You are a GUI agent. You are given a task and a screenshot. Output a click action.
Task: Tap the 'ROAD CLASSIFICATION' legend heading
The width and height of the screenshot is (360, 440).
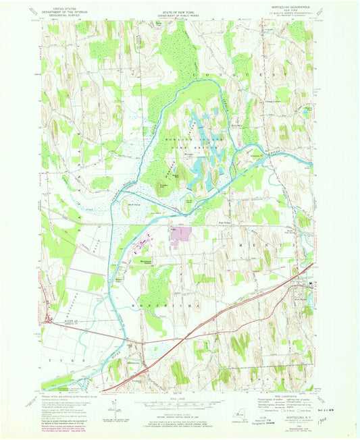[290, 395]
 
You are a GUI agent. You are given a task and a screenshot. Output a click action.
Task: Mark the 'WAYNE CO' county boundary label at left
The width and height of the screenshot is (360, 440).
[63, 323]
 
